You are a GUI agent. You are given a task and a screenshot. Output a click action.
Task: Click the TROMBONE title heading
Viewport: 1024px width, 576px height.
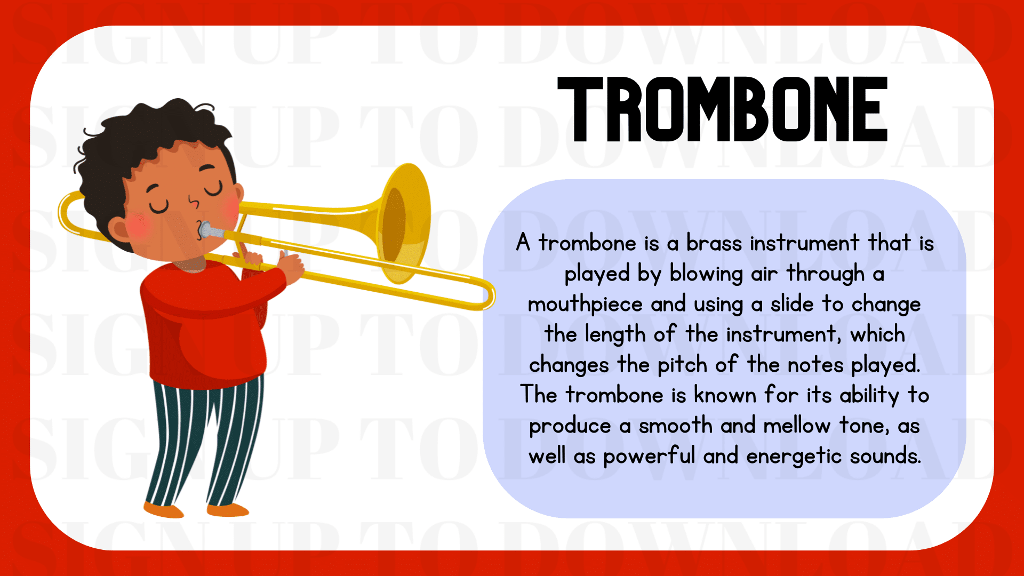pyautogui.click(x=723, y=109)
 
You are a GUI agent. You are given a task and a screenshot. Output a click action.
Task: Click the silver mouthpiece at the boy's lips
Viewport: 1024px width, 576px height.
pyautogui.click(x=211, y=231)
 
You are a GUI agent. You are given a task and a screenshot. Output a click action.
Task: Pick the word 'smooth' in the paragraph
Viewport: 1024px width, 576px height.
pyautogui.click(x=676, y=426)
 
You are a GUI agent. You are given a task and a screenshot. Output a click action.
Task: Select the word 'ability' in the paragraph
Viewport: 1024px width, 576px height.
pyautogui.click(x=869, y=396)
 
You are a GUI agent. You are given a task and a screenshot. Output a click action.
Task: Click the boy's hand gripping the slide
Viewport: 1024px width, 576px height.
pyautogui.click(x=291, y=267)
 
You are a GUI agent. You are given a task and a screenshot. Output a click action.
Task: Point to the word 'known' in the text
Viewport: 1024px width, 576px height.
pyautogui.click(x=725, y=395)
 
